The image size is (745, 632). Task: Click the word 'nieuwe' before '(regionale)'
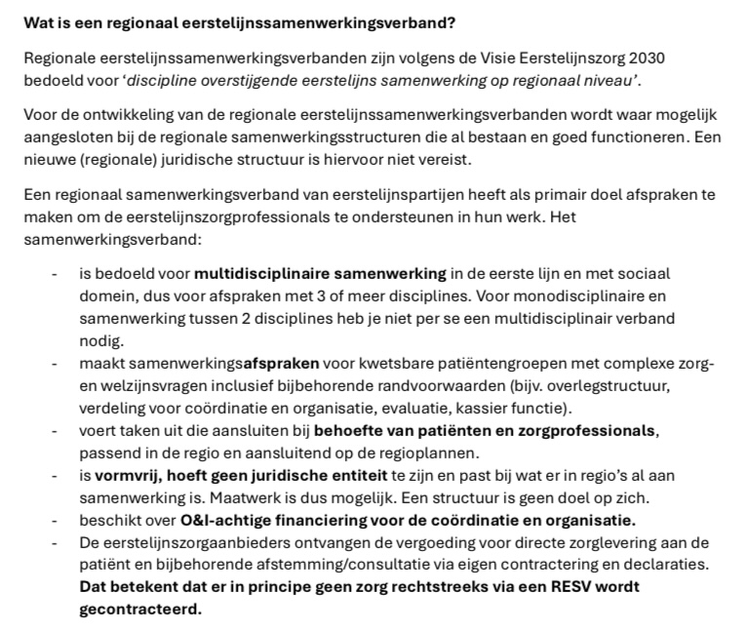click(x=50, y=158)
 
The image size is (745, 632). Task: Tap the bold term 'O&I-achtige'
click(x=226, y=519)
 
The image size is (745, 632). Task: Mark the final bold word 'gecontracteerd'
click(x=139, y=610)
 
